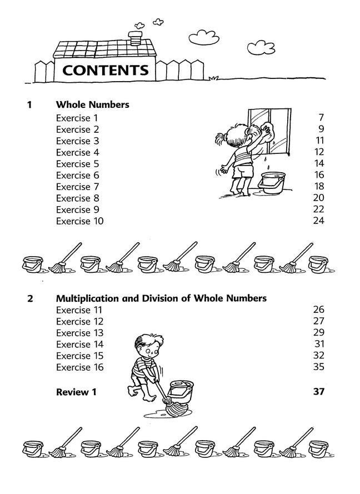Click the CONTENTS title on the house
106,71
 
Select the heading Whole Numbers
93,104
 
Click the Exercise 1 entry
77,118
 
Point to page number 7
321,118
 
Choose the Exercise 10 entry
79,221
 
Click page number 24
318,221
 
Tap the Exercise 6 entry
77,175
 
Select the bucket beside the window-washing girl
273,182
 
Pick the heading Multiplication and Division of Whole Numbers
161,298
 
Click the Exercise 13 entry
79,333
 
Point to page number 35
318,367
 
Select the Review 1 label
76,392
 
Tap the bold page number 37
318,392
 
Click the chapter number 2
30,299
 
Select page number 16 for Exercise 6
318,175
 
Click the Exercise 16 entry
79,367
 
